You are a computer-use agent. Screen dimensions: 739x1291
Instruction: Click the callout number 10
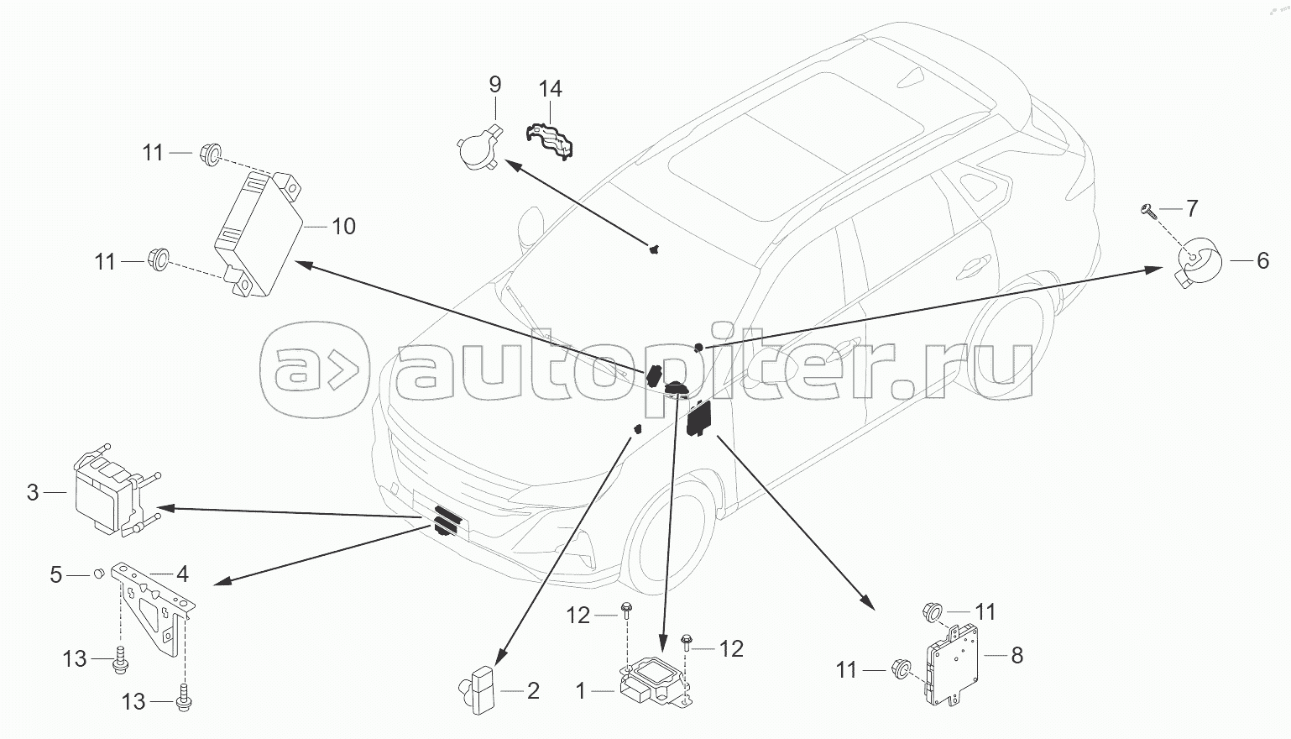[x=343, y=227]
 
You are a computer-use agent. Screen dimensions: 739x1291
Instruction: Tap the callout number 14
[x=551, y=89]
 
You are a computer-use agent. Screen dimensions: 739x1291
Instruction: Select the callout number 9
[x=494, y=84]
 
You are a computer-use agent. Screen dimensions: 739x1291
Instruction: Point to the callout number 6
[x=1262, y=261]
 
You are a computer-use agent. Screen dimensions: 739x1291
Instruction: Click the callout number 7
[x=1191, y=208]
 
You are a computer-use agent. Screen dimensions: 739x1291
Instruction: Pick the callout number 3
[x=33, y=492]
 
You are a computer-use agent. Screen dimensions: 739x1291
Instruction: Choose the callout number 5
[x=56, y=575]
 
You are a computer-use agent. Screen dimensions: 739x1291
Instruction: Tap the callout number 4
[x=182, y=574]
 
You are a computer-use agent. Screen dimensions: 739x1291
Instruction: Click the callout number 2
[x=533, y=691]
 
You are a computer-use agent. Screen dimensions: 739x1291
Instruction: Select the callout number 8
[x=1017, y=655]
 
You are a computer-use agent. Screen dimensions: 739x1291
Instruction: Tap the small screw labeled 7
[x=1149, y=210]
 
